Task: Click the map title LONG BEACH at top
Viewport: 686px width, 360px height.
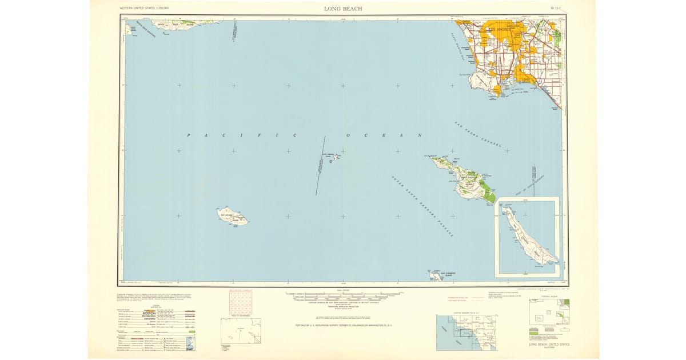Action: point(342,9)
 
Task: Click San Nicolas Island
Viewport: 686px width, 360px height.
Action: point(231,216)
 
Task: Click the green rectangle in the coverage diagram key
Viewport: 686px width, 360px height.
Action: point(566,301)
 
